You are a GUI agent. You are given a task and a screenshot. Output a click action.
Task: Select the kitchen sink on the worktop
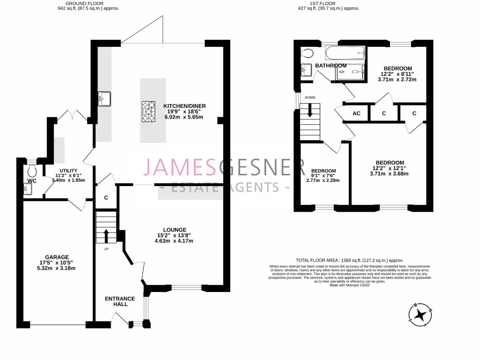click(x=104, y=99)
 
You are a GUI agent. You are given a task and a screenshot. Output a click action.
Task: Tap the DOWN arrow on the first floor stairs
click(x=309, y=111)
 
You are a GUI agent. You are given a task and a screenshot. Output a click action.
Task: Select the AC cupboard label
click(x=356, y=113)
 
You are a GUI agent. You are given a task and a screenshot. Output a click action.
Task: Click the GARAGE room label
click(x=57, y=257)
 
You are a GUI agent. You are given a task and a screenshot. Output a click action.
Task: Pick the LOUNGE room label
click(x=174, y=230)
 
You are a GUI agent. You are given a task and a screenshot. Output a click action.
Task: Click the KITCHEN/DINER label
click(x=184, y=106)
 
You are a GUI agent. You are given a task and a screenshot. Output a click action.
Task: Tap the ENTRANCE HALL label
click(x=120, y=301)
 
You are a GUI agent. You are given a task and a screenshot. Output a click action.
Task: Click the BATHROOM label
click(x=330, y=66)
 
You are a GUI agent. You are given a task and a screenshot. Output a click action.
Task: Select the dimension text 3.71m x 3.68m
click(x=389, y=173)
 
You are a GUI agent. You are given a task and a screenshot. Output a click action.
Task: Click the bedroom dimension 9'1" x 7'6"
click(x=323, y=175)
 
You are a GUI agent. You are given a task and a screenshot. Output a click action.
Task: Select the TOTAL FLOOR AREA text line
click(x=350, y=260)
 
